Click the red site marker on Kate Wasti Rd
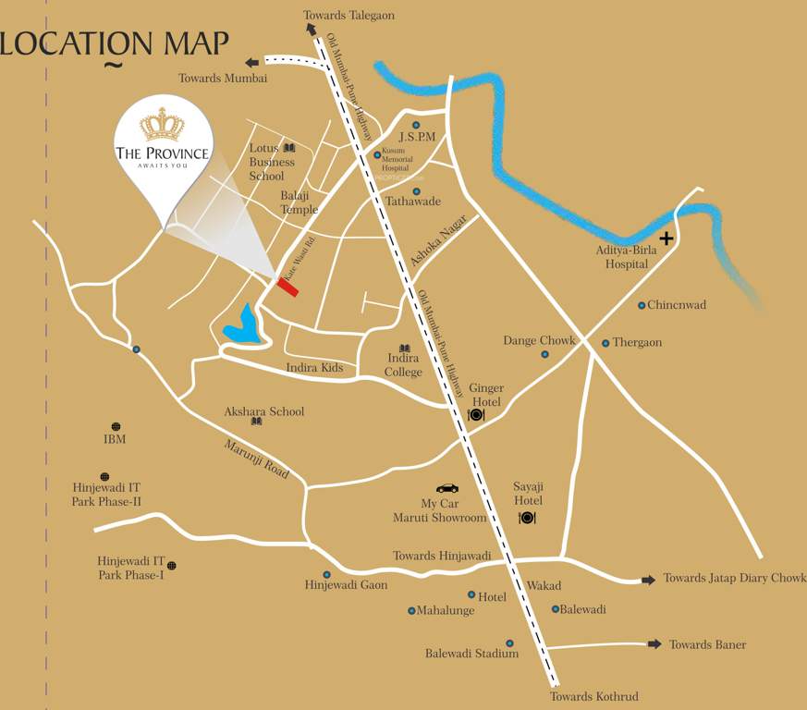coord(287,288)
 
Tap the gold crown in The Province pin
coord(162,125)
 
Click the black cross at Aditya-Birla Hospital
coord(666,239)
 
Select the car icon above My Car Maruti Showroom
coord(447,488)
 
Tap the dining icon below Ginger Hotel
coord(476,415)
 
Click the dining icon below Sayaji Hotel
coord(527,518)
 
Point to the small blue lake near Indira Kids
coord(242,325)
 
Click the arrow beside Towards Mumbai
coord(251,62)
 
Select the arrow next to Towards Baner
coord(654,644)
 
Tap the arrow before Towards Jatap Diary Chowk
coord(648,580)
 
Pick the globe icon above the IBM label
coord(116,426)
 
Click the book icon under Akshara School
coord(256,422)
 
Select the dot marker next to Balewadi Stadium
coord(508,643)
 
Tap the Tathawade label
coord(412,202)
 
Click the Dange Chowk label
coord(539,340)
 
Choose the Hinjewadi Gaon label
coord(346,585)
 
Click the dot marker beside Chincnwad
coord(641,305)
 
